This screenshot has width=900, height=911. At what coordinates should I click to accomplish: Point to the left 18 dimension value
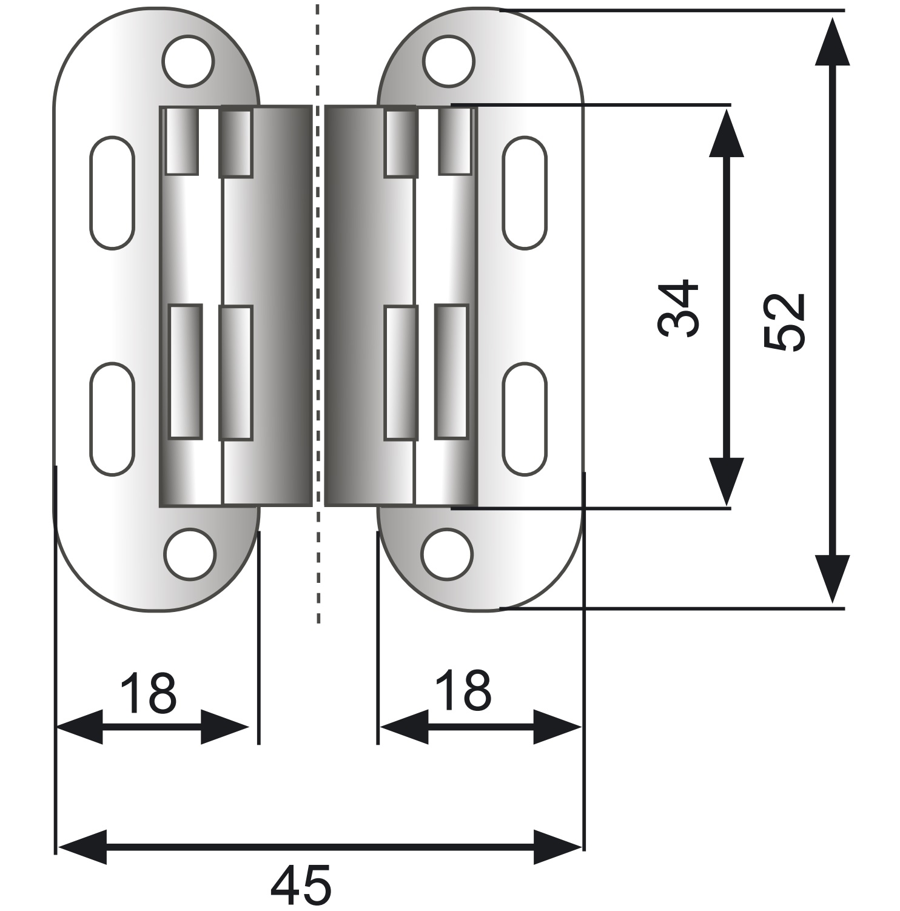[149, 692]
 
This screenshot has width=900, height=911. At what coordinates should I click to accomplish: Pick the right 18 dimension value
[464, 690]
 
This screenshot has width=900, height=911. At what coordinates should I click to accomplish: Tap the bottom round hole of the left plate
[190, 553]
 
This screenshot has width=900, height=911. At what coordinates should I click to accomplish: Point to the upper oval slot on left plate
[112, 192]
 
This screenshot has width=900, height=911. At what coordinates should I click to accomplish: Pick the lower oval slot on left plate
[112, 419]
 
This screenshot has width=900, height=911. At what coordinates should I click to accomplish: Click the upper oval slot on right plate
[525, 192]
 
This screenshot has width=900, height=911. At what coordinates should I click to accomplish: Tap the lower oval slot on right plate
[525, 419]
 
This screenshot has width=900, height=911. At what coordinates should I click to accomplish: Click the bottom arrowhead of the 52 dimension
[831, 579]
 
